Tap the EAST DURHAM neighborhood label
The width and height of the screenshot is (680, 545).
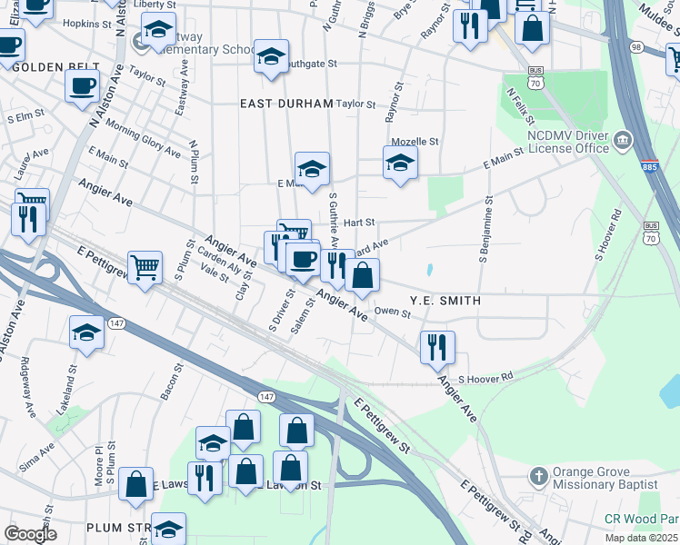pos(286,104)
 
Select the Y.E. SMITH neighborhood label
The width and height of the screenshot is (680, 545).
pos(445,300)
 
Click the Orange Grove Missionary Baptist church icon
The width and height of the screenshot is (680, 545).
pos(539,477)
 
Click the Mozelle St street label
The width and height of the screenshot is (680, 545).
pos(415,142)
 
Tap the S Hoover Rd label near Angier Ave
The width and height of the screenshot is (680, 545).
pos(485,377)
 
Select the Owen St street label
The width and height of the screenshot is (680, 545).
pos(394,312)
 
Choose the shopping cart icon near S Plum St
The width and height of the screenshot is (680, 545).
pos(145,268)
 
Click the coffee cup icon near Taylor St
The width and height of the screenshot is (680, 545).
pos(82,86)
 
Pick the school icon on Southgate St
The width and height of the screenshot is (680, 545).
pos(271,57)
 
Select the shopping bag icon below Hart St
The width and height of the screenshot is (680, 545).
pos(362,275)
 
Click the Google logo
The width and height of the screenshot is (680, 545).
pos(30,534)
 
